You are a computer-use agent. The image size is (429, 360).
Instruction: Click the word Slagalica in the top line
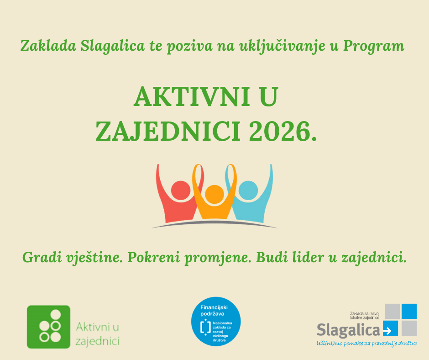pyautogui.click(x=112, y=46)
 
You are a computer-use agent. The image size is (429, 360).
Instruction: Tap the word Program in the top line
pyautogui.click(x=373, y=46)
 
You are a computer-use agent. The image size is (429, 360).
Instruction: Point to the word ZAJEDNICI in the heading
pyautogui.click(x=168, y=132)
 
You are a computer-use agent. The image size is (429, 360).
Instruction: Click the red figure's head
pyautogui.click(x=181, y=190)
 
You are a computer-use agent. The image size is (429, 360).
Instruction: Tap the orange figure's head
pyautogui.click(x=214, y=194)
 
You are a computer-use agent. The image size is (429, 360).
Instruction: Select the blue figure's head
pyautogui.click(x=248, y=190)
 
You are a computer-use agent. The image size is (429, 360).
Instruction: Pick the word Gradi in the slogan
pyautogui.click(x=42, y=258)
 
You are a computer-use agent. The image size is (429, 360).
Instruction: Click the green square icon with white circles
pyautogui.click(x=49, y=327)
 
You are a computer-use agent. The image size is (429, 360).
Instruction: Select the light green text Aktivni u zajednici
pyautogui.click(x=97, y=334)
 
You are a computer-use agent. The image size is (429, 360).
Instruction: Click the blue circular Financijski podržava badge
pyautogui.click(x=216, y=322)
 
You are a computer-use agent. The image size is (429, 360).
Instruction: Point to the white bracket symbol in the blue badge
pyautogui.click(x=205, y=327)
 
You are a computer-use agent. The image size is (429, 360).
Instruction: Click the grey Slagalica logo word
pyautogui.click(x=348, y=330)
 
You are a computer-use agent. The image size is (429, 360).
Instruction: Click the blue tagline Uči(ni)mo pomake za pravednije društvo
pyautogui.click(x=366, y=344)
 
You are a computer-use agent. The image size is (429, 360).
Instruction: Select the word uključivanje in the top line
pyautogui.click(x=283, y=46)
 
